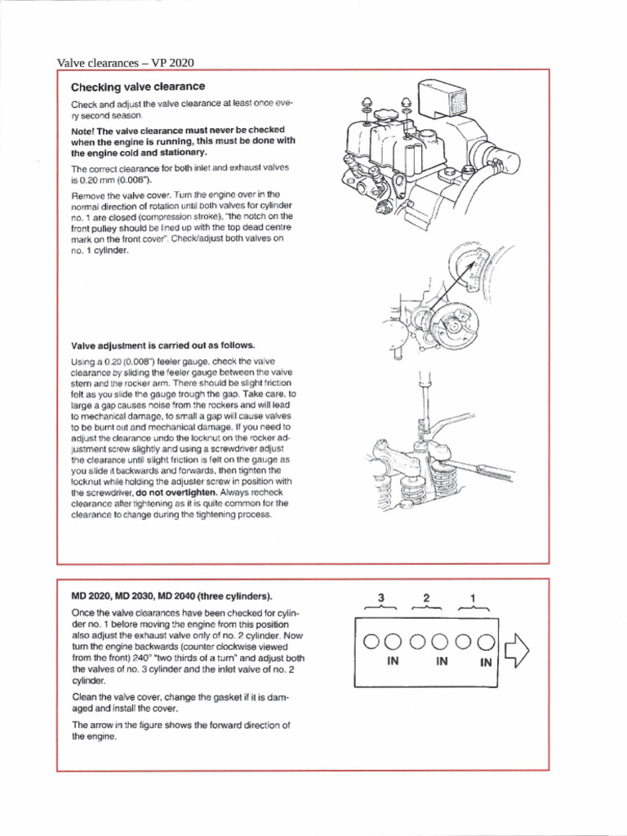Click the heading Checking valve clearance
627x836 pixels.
[x=137, y=87]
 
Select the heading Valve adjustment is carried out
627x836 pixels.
[x=151, y=345]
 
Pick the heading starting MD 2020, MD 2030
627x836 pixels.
[x=172, y=595]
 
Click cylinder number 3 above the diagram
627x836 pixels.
[x=380, y=598]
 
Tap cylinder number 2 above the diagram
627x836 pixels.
[x=426, y=598]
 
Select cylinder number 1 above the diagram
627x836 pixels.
[x=473, y=598]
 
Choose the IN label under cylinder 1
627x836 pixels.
[x=486, y=663]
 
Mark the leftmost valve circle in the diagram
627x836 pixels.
[x=371, y=641]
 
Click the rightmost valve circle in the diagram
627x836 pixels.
[x=486, y=641]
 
